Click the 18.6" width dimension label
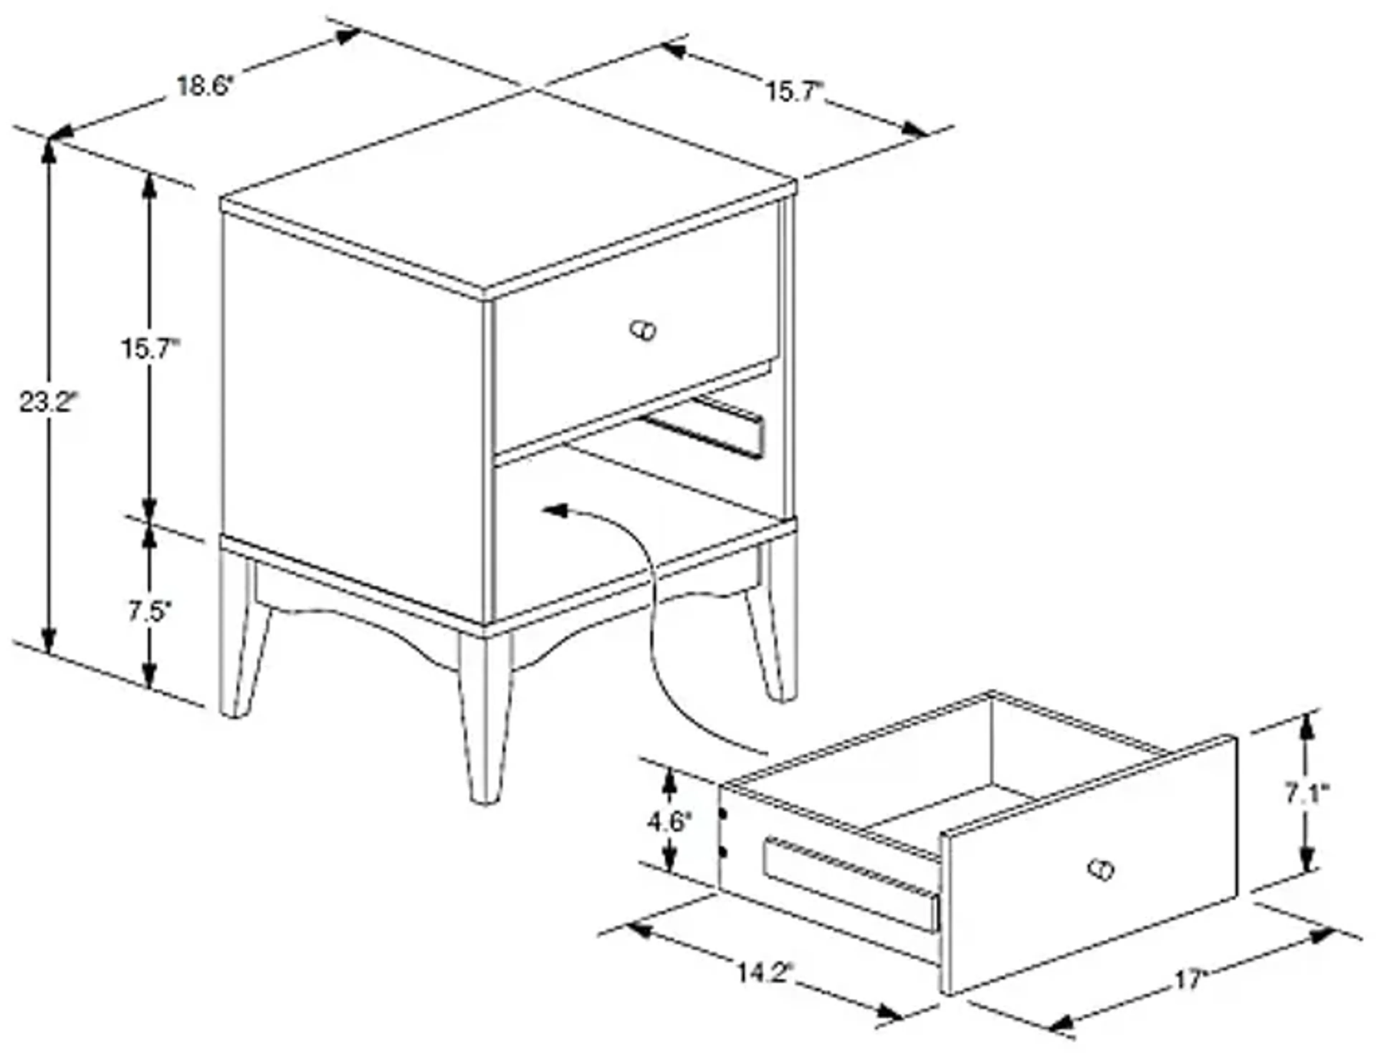pyautogui.click(x=204, y=86)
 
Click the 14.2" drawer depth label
pyautogui.click(x=764, y=973)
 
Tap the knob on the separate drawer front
pyautogui.click(x=1101, y=870)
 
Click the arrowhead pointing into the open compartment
pyautogui.click(x=555, y=511)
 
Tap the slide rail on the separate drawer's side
pyautogui.click(x=852, y=884)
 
